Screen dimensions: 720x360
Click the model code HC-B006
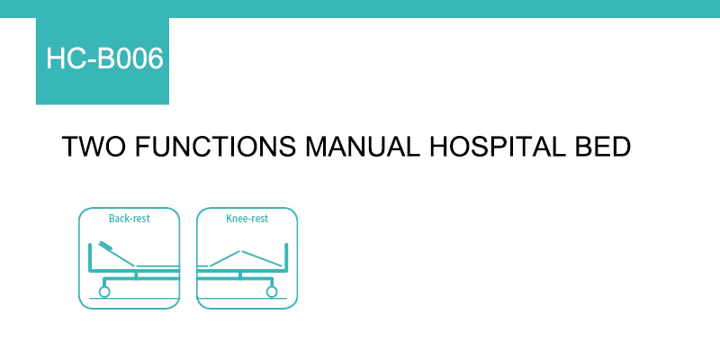(x=104, y=58)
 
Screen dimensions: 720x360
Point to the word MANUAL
(x=363, y=147)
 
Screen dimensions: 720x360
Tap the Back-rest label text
(x=129, y=219)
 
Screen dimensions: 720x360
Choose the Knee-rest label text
(x=247, y=219)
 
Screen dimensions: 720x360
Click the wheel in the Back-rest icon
(x=104, y=292)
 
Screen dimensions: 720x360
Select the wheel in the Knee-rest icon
(x=272, y=292)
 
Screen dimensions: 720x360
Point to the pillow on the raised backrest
(x=106, y=246)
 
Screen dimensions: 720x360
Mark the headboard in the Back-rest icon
(x=91, y=257)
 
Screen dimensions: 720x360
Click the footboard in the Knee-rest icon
(x=286, y=257)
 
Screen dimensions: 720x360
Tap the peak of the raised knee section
(x=240, y=251)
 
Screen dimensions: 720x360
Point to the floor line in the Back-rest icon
(x=134, y=299)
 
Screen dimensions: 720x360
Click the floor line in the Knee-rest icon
(x=242, y=299)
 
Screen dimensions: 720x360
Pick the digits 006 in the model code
(x=139, y=58)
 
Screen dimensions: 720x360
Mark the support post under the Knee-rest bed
(x=240, y=275)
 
